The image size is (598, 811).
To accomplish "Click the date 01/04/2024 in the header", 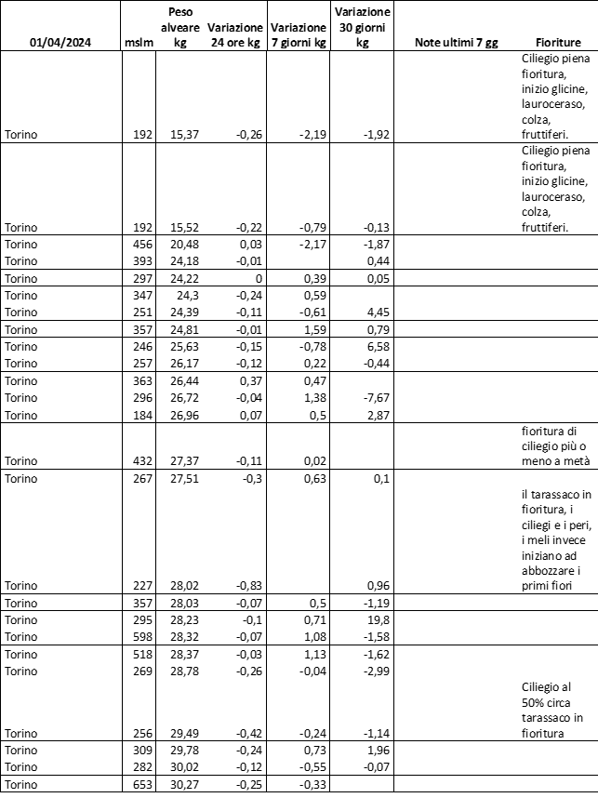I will coord(62,43).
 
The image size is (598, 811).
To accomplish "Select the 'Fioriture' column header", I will coord(558,43).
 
